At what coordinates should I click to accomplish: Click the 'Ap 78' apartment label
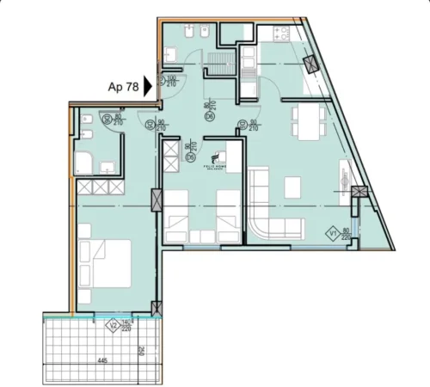pyautogui.click(x=125, y=86)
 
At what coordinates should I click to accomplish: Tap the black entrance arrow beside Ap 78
pyautogui.click(x=149, y=85)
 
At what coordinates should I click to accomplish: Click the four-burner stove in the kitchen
pyautogui.click(x=280, y=35)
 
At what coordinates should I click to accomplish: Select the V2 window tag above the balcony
pyautogui.click(x=111, y=324)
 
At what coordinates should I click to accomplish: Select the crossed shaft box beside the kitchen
pyautogui.click(x=310, y=64)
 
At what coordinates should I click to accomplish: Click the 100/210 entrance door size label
pyautogui.click(x=171, y=82)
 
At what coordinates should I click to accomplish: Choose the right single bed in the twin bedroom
pyautogui.click(x=227, y=214)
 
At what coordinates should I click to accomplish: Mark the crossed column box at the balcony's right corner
pyautogui.click(x=155, y=308)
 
